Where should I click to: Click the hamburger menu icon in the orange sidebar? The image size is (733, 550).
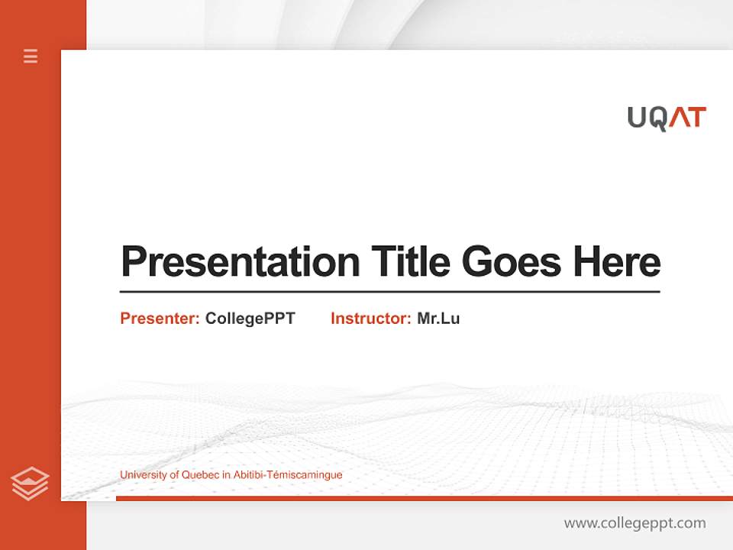31,56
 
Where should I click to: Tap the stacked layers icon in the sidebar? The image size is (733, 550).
30,484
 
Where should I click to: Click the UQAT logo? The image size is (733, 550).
667,118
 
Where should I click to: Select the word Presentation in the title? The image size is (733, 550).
240,262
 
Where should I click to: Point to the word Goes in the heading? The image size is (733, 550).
512,262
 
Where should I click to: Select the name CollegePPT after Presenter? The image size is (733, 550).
250,319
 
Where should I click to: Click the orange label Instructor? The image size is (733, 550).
371,319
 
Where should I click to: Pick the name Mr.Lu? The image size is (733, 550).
438,319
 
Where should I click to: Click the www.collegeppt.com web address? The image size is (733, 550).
635,523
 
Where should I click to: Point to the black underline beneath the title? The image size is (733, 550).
389,292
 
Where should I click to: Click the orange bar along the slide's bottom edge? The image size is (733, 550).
424,498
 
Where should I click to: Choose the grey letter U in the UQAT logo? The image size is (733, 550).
638,118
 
